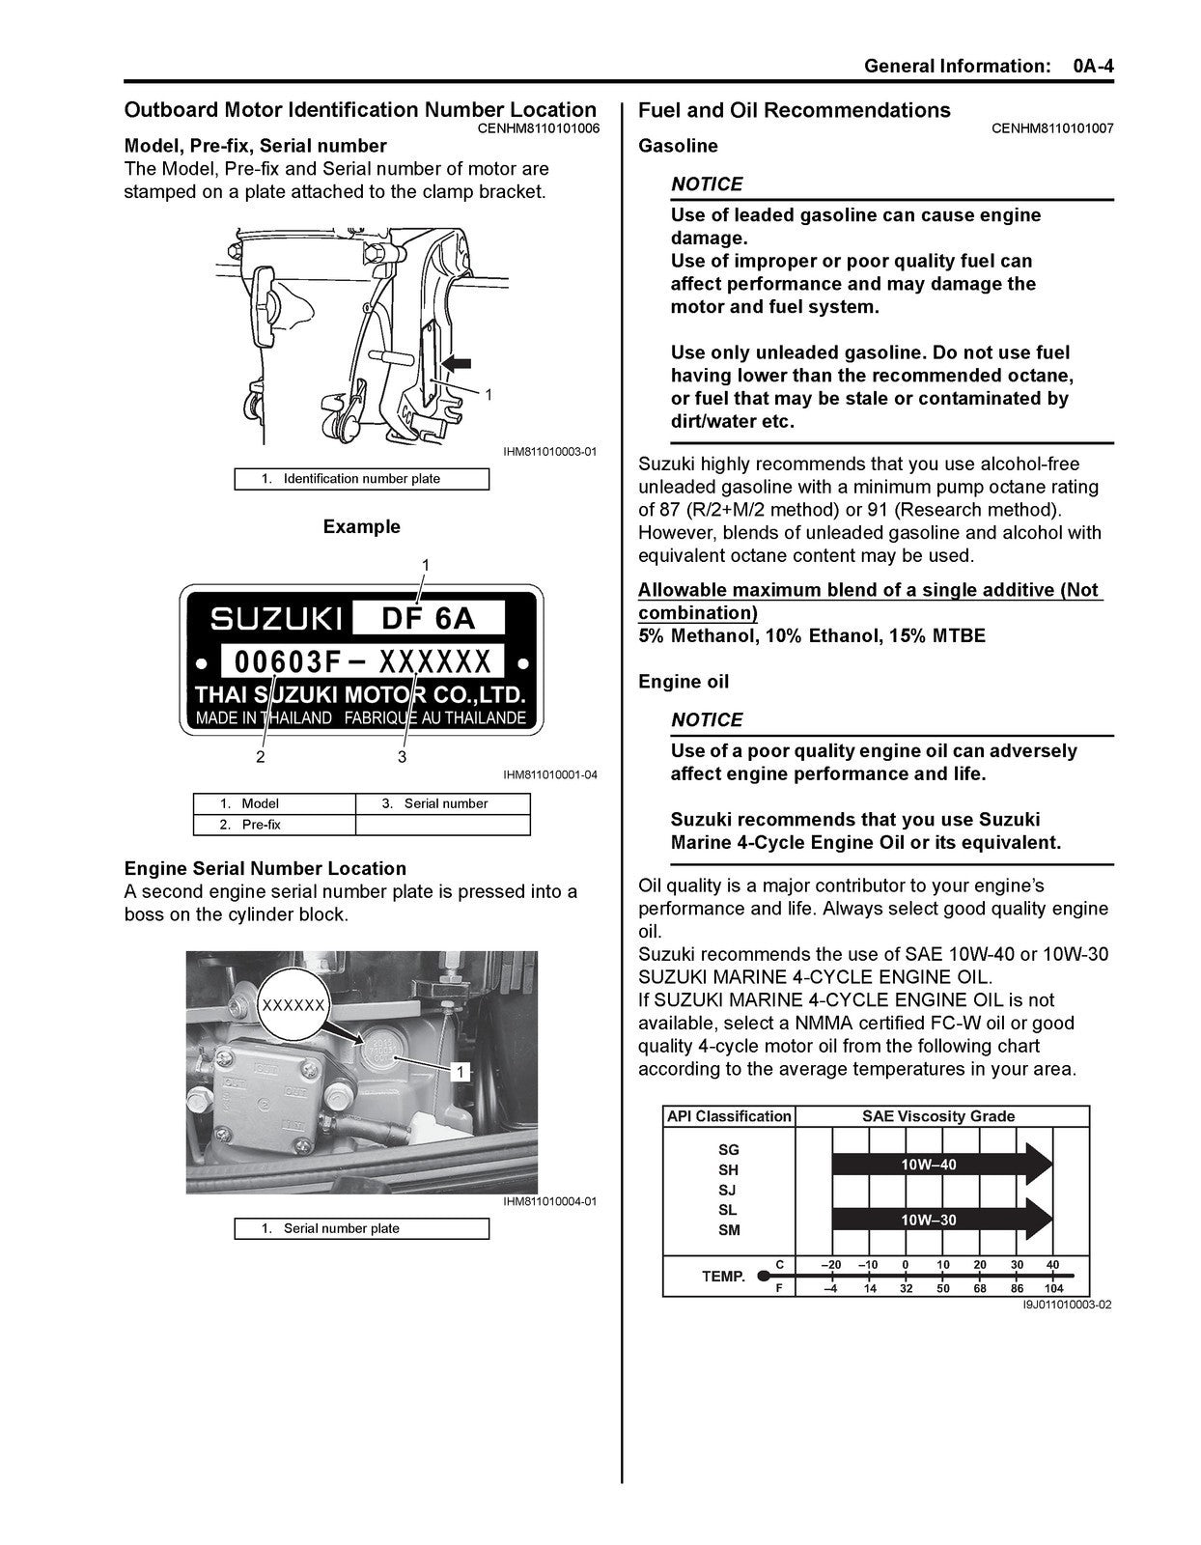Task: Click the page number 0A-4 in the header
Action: click(1093, 66)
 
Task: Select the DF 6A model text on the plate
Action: click(429, 617)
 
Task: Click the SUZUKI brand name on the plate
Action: click(276, 618)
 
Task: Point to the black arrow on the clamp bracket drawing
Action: click(457, 363)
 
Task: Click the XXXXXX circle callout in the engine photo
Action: click(293, 1005)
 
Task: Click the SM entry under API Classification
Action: click(729, 1229)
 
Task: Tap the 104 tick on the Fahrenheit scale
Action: click(1053, 1288)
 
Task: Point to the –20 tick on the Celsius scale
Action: click(830, 1265)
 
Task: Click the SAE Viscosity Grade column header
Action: click(938, 1116)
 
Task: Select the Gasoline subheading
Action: click(678, 146)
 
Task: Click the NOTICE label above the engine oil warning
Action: click(707, 719)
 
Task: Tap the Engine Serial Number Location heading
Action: click(265, 868)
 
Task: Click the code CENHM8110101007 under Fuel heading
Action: click(1052, 127)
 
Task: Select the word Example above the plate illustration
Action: click(361, 526)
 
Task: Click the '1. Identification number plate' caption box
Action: click(361, 479)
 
